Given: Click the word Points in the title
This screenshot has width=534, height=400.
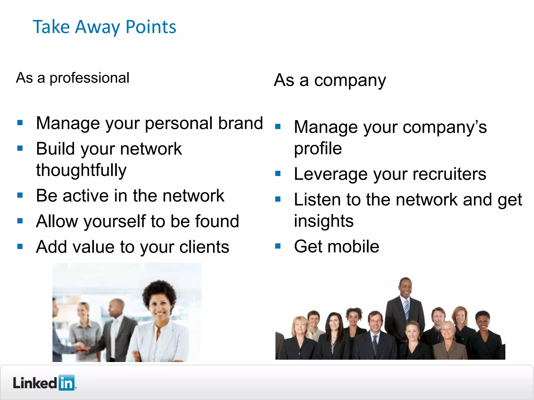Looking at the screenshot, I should [x=151, y=27].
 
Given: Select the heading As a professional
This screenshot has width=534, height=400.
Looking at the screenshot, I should [x=72, y=78].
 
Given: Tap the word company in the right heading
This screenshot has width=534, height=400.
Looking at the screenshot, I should [x=350, y=80].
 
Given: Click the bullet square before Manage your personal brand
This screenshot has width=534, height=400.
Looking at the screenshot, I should [x=20, y=122].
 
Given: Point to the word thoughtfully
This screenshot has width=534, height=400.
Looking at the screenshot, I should [x=81, y=170].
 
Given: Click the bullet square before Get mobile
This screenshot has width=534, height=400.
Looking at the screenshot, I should [x=278, y=246].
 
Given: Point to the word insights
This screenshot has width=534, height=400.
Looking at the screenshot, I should [x=324, y=221].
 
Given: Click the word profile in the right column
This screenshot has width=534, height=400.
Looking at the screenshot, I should [x=318, y=148].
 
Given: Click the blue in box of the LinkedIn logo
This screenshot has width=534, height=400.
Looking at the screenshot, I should [x=67, y=383].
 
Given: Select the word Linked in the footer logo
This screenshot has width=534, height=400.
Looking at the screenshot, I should [x=35, y=383].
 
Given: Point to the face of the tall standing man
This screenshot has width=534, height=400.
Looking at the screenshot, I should [x=405, y=287].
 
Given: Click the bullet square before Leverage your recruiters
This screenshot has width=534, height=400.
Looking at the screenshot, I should [x=278, y=173].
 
